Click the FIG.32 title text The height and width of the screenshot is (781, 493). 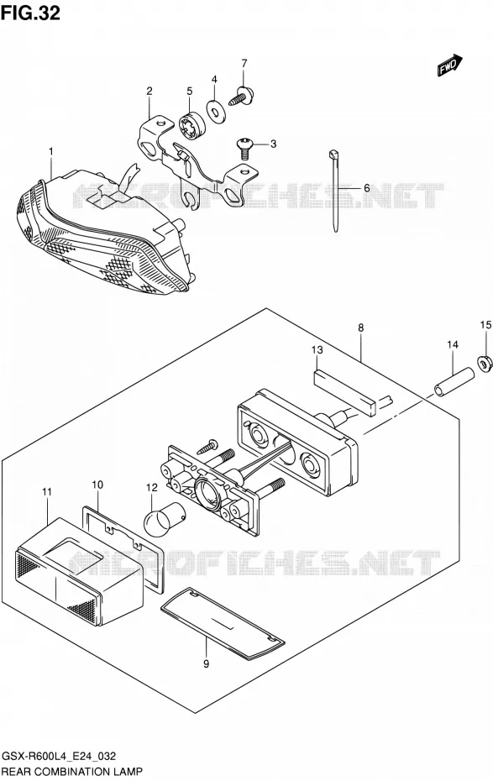(30, 12)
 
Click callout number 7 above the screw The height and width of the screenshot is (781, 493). (244, 63)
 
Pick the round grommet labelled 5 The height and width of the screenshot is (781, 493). (191, 124)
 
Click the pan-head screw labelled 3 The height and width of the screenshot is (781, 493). (244, 148)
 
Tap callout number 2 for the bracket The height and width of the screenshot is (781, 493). (149, 92)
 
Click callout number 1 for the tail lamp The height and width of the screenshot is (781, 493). (50, 151)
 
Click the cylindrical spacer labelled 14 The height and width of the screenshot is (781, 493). (454, 381)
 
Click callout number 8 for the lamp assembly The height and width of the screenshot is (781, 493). (360, 328)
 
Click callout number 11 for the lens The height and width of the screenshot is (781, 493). (47, 492)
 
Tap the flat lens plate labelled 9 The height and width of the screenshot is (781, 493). (223, 623)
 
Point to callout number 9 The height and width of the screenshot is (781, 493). (206, 663)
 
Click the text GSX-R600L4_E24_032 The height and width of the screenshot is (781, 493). (60, 756)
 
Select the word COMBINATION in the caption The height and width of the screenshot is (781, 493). (70, 773)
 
